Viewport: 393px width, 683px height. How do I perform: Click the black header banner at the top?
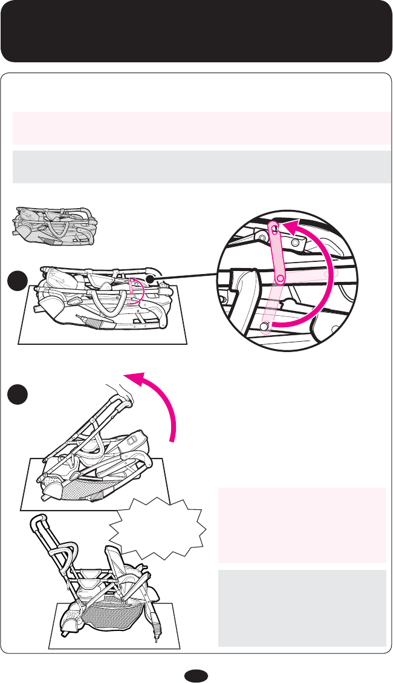[197, 31]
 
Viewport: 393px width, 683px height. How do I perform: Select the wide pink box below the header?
[200, 128]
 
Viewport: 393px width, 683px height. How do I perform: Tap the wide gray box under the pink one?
[200, 166]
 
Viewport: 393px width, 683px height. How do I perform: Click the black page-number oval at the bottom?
[197, 673]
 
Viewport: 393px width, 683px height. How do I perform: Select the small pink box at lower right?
[302, 525]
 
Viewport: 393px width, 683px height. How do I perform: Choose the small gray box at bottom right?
[302, 607]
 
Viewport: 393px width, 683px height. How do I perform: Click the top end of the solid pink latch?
[273, 229]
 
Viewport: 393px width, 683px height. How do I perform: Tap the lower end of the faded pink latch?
[265, 327]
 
